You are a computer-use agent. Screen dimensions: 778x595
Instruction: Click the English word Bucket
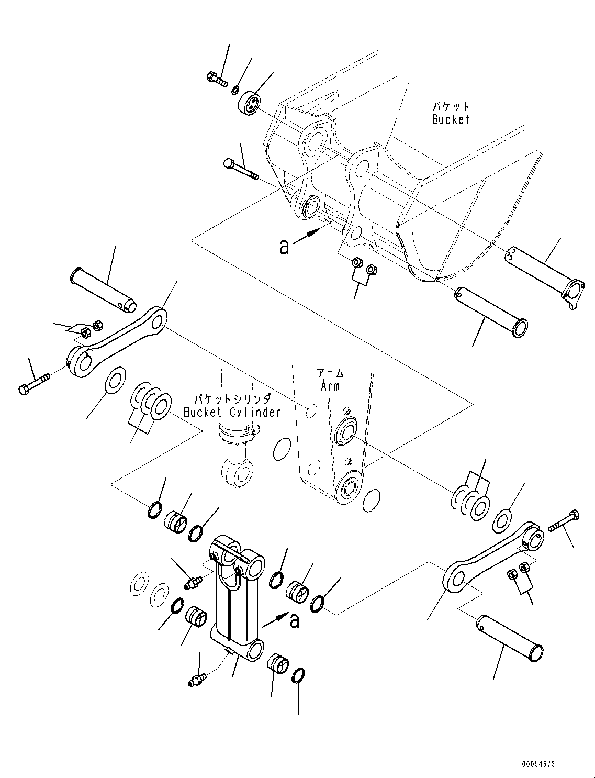pyautogui.click(x=451, y=119)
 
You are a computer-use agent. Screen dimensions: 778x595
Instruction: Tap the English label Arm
pyautogui.click(x=330, y=386)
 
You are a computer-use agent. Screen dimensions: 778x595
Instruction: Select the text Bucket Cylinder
pyautogui.click(x=232, y=412)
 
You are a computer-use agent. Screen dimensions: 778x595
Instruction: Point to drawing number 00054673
pyautogui.click(x=537, y=765)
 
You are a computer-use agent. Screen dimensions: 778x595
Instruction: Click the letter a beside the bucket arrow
pyautogui.click(x=284, y=247)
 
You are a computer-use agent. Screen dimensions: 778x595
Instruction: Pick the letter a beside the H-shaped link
pyautogui.click(x=295, y=621)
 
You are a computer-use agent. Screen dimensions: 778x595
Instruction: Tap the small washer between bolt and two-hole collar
pyautogui.click(x=236, y=90)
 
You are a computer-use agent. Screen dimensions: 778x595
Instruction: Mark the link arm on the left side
pyautogui.click(x=118, y=343)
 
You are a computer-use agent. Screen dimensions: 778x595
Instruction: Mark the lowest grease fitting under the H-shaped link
pyautogui.click(x=197, y=679)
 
